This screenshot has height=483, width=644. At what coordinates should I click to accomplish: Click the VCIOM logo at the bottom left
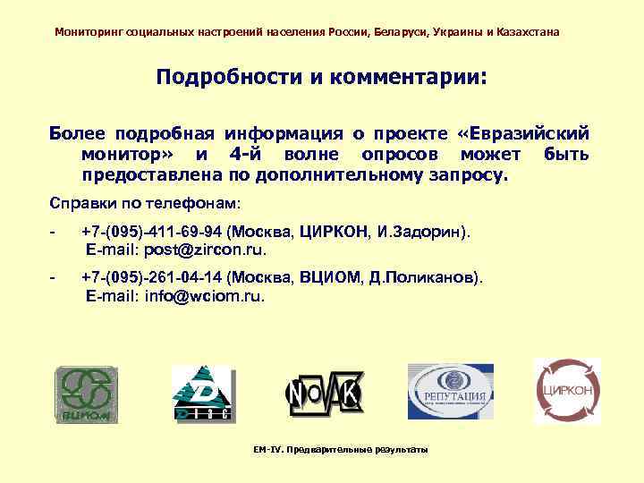point(86,394)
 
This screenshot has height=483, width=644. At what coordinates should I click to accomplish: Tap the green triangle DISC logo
point(201,393)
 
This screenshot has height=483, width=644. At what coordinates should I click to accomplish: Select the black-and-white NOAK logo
point(324,394)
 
